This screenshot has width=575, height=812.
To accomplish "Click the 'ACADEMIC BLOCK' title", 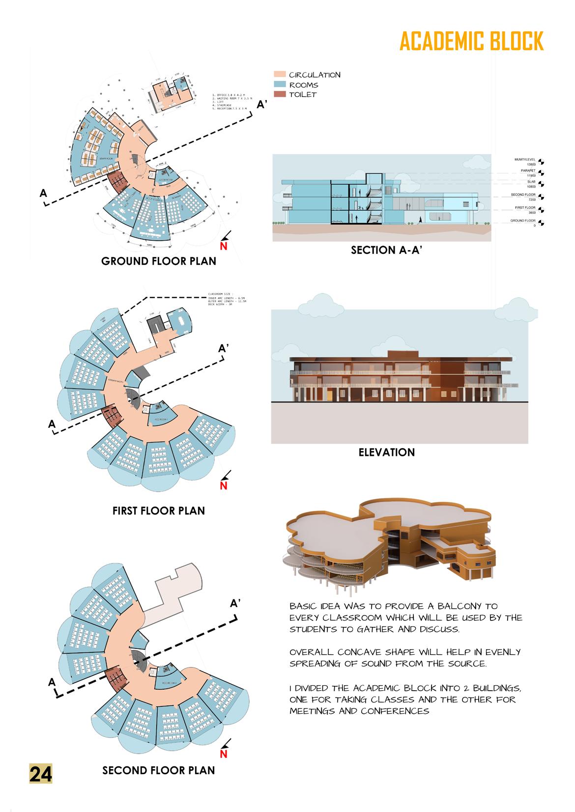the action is [471, 41].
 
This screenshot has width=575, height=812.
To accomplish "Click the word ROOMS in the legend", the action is [303, 85].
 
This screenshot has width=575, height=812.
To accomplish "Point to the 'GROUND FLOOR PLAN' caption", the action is [158, 261].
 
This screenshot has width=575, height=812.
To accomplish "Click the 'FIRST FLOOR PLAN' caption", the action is [158, 511].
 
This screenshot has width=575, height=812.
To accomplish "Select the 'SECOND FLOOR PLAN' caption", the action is [158, 770].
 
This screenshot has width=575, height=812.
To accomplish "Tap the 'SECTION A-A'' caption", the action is [387, 250].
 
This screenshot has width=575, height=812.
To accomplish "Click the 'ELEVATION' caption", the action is [386, 452].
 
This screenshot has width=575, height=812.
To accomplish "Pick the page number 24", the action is [41, 774].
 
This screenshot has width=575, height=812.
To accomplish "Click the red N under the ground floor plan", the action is [223, 247].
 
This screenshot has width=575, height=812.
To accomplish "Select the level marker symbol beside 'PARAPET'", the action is [541, 172].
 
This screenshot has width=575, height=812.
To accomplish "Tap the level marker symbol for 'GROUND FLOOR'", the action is [541, 223].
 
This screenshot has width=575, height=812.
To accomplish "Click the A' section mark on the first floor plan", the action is [224, 348].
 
